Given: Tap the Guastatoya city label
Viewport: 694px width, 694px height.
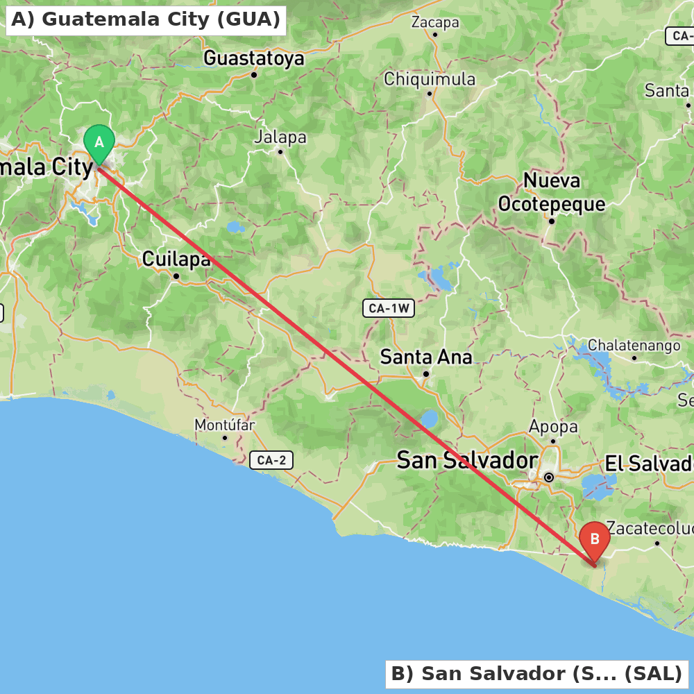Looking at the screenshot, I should click(253, 58).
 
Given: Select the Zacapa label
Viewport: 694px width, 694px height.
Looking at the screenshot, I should click(435, 22).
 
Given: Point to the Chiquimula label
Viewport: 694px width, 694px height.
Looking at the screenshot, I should click(430, 79).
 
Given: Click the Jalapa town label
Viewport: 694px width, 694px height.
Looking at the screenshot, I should click(280, 137).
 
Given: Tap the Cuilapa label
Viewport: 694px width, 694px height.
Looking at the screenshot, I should click(176, 260).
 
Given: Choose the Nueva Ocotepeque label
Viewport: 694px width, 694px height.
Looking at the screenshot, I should click(552, 193).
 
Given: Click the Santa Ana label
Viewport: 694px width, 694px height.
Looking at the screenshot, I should click(426, 357).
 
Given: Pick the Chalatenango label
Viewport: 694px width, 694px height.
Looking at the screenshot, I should click(634, 346).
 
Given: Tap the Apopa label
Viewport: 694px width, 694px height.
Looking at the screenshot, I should click(553, 427).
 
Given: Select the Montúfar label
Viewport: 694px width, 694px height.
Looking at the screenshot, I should click(224, 425).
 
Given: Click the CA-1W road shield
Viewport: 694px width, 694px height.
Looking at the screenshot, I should click(389, 309).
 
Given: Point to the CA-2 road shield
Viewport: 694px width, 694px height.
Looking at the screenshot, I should click(271, 459).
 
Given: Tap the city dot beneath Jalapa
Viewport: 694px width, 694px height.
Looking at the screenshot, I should click(280, 151).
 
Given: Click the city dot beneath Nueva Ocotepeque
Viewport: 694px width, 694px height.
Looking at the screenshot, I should click(552, 221).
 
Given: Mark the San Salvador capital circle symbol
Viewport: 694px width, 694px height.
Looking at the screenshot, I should click(549, 477).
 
